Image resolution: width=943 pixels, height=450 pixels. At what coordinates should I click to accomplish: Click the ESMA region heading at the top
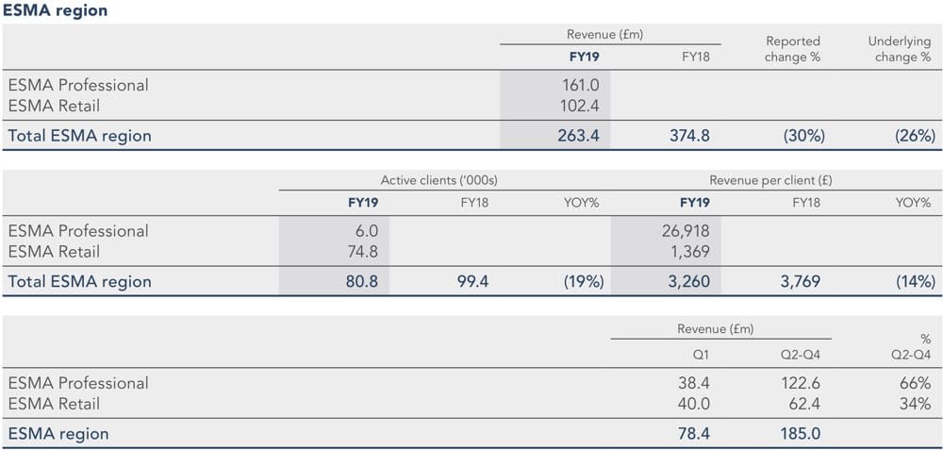55,11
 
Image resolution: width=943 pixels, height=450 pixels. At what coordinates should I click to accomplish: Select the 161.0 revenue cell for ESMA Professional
581,85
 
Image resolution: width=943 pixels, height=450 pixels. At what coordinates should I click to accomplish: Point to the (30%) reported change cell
803,136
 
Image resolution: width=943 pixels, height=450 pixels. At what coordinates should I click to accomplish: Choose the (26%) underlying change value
915,136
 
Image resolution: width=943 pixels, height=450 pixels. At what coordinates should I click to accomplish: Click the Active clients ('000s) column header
438,179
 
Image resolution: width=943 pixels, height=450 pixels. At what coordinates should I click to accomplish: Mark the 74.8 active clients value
360,252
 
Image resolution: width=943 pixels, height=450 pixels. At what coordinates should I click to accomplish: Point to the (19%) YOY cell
581,281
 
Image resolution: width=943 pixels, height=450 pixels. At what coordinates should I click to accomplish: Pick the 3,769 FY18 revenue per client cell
800,281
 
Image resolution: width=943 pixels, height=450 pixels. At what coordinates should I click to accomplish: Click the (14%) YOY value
915,281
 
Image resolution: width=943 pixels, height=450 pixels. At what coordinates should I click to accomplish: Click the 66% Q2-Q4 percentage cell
920,383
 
